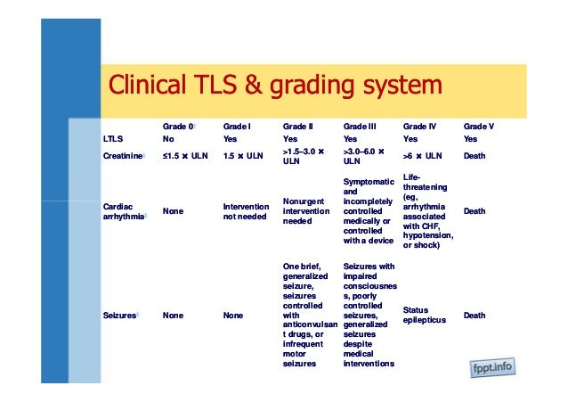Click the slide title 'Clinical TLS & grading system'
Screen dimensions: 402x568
[x=274, y=86]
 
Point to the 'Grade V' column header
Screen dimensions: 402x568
[x=479, y=127]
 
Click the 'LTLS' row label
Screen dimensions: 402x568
[x=113, y=140]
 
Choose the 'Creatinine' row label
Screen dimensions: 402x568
[x=123, y=155]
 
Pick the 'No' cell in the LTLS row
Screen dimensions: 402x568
[x=168, y=140]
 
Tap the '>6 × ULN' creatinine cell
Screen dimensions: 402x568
[x=422, y=156]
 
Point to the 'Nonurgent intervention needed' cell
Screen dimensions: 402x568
[x=306, y=212]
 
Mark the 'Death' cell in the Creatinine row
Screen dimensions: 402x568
[x=476, y=155]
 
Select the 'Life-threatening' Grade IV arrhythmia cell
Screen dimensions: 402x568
[x=429, y=212]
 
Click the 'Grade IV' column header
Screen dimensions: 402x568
[x=419, y=127]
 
